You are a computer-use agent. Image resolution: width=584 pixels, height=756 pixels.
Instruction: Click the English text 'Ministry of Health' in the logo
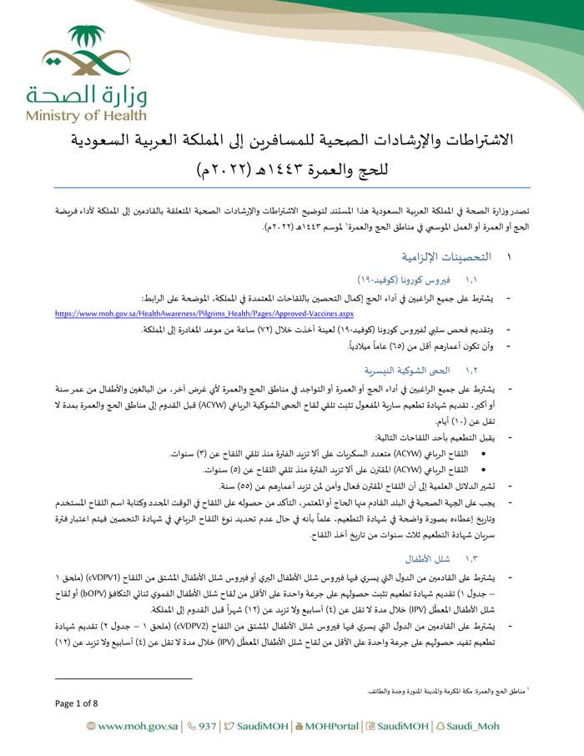(86, 115)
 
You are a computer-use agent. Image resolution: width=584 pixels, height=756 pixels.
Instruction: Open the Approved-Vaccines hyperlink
(181, 313)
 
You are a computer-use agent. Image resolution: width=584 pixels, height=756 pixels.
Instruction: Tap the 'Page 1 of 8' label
(76, 703)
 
